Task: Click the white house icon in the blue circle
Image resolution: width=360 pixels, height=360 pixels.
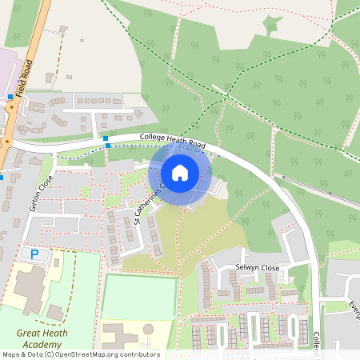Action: [x=180, y=172]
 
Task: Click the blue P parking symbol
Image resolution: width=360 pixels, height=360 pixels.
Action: [x=34, y=254]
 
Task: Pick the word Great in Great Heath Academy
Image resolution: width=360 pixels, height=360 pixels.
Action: [x=29, y=333]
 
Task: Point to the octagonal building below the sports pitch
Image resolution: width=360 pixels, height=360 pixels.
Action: [x=148, y=329]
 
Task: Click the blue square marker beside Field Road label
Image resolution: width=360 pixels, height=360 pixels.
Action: [x=10, y=97]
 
